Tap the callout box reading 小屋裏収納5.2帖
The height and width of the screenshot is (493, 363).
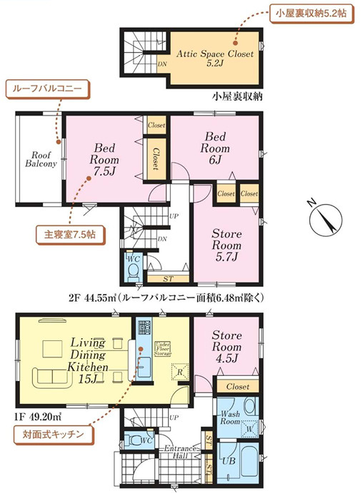point(311,14)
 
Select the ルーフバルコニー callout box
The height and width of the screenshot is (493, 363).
point(47,90)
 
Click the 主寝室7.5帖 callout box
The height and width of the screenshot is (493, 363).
point(65,233)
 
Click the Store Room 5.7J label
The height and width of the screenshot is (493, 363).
point(226,245)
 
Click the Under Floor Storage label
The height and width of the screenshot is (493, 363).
point(164,347)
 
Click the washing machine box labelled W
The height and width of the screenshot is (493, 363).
point(249,428)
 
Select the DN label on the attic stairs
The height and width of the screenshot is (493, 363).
point(163,63)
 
